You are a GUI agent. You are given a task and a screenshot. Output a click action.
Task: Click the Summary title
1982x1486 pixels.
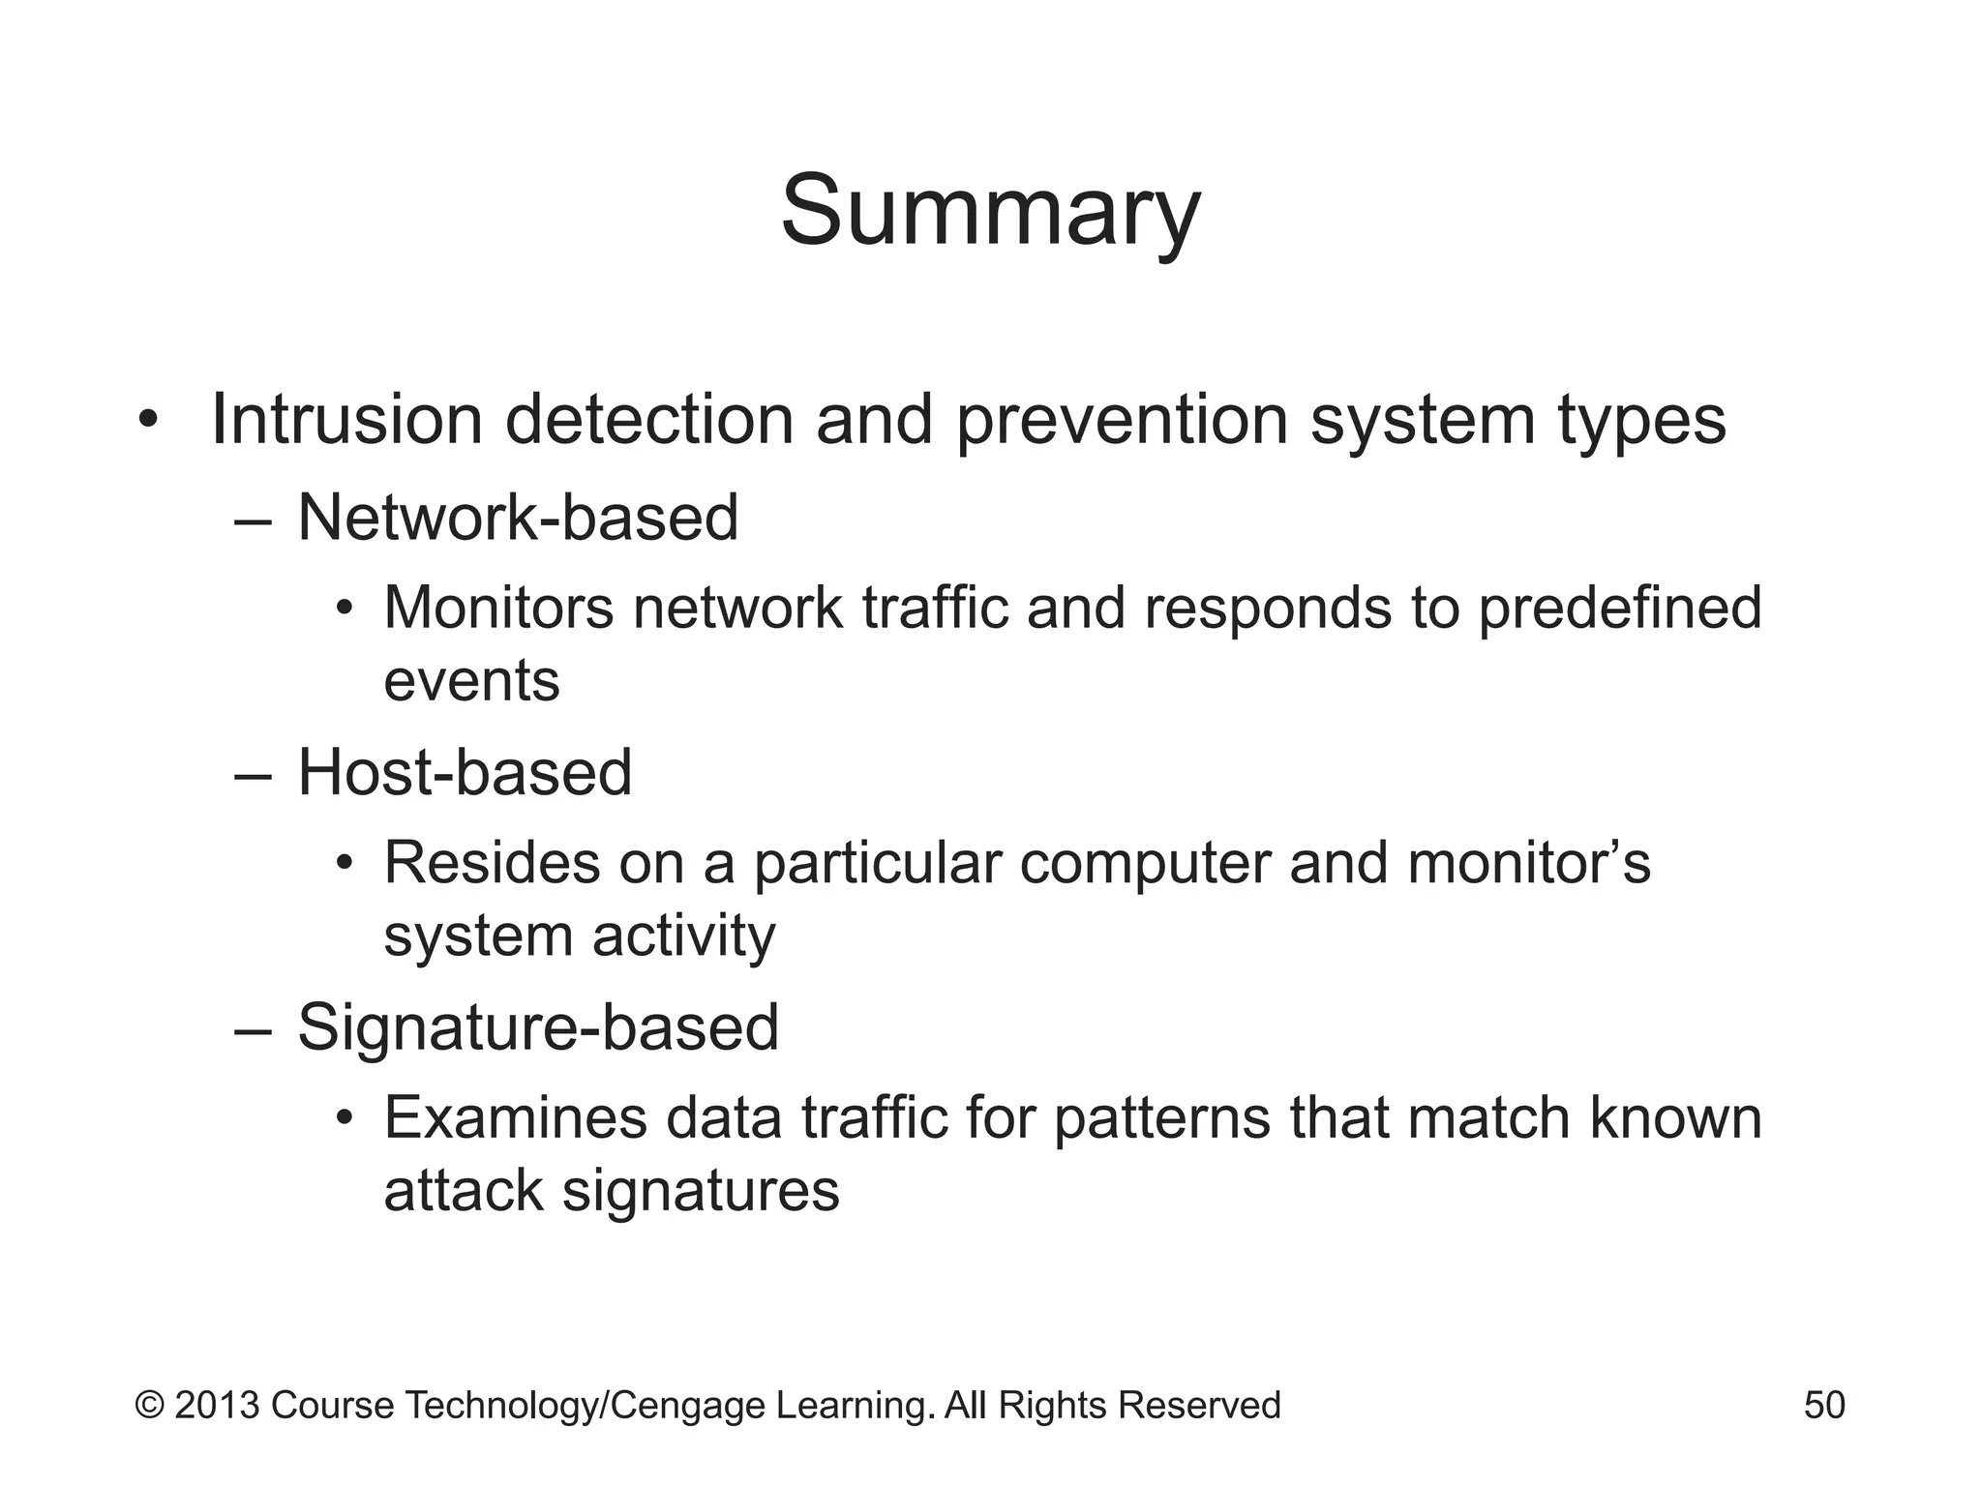coord(990,213)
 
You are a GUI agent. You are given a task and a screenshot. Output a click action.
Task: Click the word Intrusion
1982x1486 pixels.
coord(345,420)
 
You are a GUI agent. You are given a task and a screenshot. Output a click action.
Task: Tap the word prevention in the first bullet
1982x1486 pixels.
coord(1122,420)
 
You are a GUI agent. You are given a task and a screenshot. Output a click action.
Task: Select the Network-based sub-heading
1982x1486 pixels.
coord(518,518)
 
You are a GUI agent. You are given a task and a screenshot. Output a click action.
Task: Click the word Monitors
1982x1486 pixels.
coord(498,608)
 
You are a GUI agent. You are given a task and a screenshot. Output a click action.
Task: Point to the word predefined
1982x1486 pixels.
coord(1619,608)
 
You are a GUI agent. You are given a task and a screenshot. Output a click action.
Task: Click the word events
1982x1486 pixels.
coord(471,680)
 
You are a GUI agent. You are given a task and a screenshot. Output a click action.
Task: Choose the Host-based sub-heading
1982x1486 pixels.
coord(465,773)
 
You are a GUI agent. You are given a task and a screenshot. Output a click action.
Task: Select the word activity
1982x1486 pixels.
coord(683,936)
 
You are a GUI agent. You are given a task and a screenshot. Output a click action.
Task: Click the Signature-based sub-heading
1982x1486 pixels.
coord(538,1027)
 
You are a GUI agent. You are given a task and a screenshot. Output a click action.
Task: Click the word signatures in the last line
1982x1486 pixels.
coord(701,1190)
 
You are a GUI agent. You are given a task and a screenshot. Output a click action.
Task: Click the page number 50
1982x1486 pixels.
coord(1824,1405)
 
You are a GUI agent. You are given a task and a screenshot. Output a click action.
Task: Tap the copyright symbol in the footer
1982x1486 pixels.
coord(150,1405)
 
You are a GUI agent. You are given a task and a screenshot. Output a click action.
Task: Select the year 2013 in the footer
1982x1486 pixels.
coord(218,1405)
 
